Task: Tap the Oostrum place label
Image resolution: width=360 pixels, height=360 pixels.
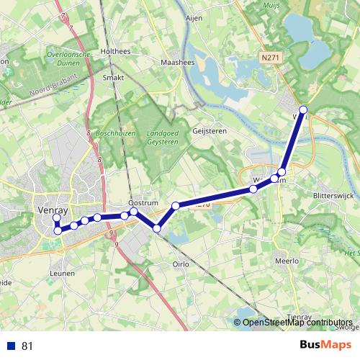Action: pyautogui.click(x=143, y=204)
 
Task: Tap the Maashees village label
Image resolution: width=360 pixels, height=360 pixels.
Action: pyautogui.click(x=174, y=63)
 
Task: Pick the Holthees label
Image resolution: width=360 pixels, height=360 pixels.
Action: pyautogui.click(x=115, y=51)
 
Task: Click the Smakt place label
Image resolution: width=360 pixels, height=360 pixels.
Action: pyautogui.click(x=114, y=77)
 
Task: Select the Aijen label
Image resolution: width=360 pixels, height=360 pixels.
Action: pyautogui.click(x=194, y=19)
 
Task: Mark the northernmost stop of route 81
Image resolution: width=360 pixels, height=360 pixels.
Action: pyautogui.click(x=303, y=110)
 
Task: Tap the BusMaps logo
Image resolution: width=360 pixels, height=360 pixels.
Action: pyautogui.click(x=325, y=346)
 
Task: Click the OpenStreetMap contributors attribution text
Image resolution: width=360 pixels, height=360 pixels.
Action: pyautogui.click(x=297, y=323)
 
